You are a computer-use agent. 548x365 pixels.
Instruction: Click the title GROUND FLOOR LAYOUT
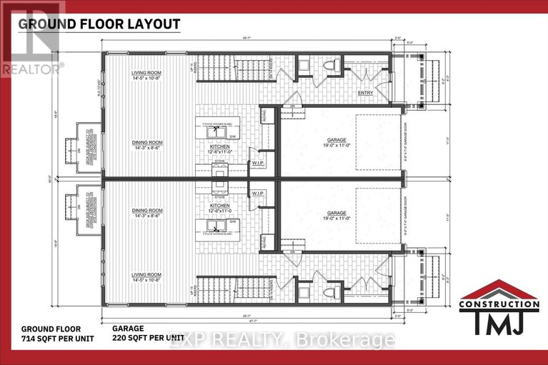[x=99, y=23]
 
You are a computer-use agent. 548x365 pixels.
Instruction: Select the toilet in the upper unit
[x=331, y=66]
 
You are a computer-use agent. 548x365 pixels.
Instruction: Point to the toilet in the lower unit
[x=331, y=291]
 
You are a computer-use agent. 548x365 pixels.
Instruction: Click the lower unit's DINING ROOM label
[x=146, y=211]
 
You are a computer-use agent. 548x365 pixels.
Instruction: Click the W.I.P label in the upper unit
[x=258, y=162]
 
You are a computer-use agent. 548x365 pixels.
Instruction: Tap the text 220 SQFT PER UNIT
[x=149, y=336]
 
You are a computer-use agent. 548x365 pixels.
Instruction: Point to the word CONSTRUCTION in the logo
[x=499, y=304]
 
